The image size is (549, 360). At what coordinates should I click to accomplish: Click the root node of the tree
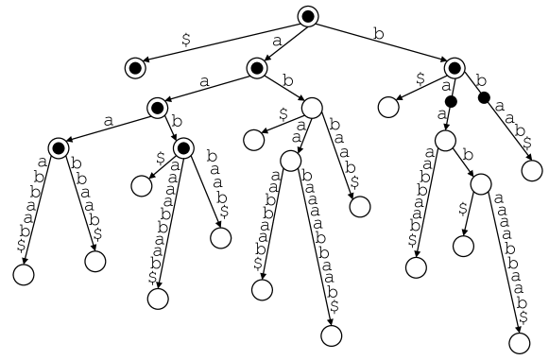point(308,16)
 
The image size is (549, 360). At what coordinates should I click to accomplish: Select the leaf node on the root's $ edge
point(135,67)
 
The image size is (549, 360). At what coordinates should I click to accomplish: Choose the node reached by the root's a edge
point(256,67)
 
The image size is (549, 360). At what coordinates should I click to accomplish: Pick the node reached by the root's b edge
point(455,67)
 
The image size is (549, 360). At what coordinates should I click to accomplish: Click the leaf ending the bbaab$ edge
point(94,261)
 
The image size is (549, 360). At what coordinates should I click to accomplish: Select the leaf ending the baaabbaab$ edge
point(330,334)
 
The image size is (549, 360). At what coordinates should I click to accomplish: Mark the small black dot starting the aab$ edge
point(483,97)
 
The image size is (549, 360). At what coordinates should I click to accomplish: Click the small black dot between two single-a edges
point(450,101)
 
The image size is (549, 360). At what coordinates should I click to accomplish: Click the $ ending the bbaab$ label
point(98,232)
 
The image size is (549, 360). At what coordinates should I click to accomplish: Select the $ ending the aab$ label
point(525,143)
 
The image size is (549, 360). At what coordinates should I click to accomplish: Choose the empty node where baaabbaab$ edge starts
point(290,162)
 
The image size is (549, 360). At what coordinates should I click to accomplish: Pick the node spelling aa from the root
point(157,108)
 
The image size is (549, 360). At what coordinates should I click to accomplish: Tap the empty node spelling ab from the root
point(312,108)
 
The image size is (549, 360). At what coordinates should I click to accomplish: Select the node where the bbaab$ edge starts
point(59,147)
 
